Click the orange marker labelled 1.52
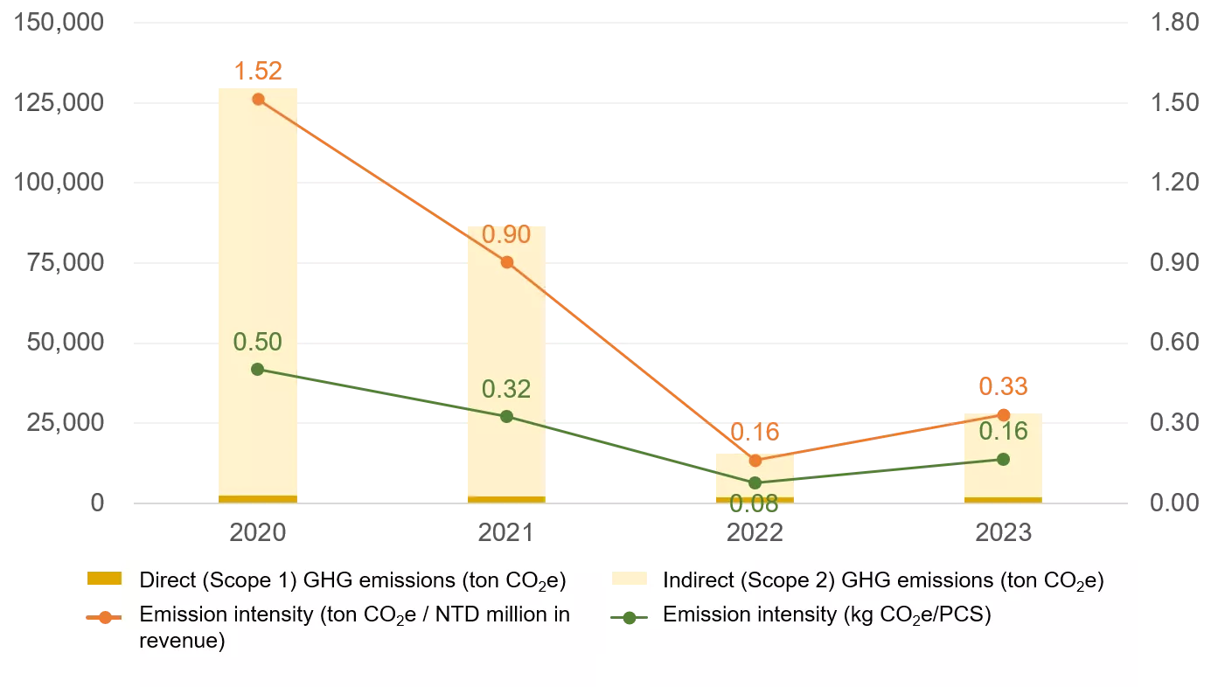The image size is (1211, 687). pyautogui.click(x=258, y=99)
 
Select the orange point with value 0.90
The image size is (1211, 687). pyautogui.click(x=507, y=262)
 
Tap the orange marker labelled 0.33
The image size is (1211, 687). pyautogui.click(x=1004, y=413)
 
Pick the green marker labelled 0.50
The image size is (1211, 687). pyautogui.click(x=257, y=369)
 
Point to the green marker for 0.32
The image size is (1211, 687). pyautogui.click(x=507, y=416)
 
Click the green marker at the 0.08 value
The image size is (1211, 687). pyautogui.click(x=755, y=482)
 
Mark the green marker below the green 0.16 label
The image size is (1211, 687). pyautogui.click(x=1003, y=459)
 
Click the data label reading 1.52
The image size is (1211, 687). pyautogui.click(x=258, y=72)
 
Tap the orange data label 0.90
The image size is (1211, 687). pyautogui.click(x=506, y=234)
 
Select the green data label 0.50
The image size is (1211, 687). pyautogui.click(x=257, y=342)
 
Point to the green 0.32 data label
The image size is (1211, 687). pyautogui.click(x=506, y=388)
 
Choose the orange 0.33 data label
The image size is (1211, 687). pyautogui.click(x=1003, y=385)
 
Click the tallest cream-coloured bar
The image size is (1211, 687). pyautogui.click(x=258, y=288)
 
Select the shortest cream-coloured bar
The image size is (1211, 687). pyautogui.click(x=755, y=473)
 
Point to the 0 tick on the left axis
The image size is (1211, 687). pyautogui.click(x=97, y=503)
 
